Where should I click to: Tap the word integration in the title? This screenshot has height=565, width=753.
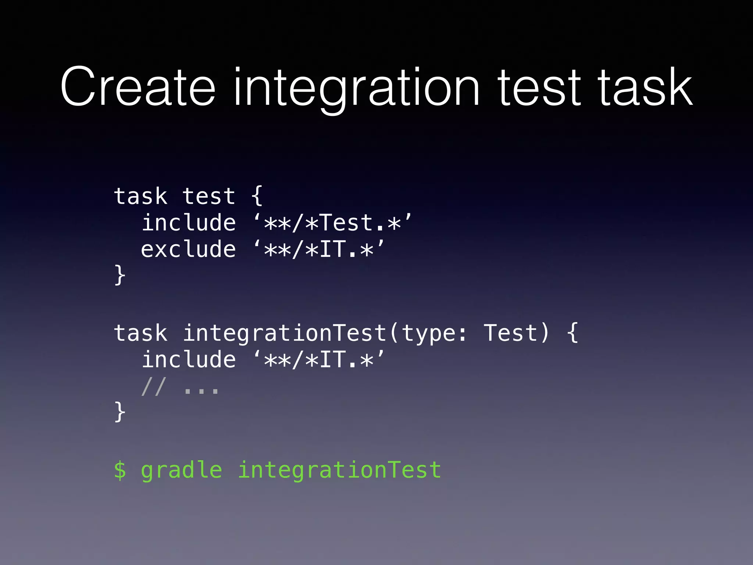pyautogui.click(x=356, y=88)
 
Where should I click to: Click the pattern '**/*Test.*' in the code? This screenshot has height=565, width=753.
pyautogui.click(x=332, y=223)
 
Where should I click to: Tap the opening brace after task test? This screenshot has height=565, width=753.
pyautogui.click(x=257, y=196)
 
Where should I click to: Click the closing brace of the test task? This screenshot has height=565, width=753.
pyautogui.click(x=120, y=275)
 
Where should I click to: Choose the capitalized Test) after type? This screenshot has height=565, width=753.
pyautogui.click(x=516, y=333)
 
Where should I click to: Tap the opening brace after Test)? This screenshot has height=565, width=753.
pyautogui.click(x=572, y=333)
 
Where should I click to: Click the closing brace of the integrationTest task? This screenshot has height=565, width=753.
pyautogui.click(x=120, y=412)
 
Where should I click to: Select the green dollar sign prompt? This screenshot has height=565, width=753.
pyautogui.click(x=120, y=470)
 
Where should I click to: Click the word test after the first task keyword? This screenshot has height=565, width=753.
pyautogui.click(x=209, y=196)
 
